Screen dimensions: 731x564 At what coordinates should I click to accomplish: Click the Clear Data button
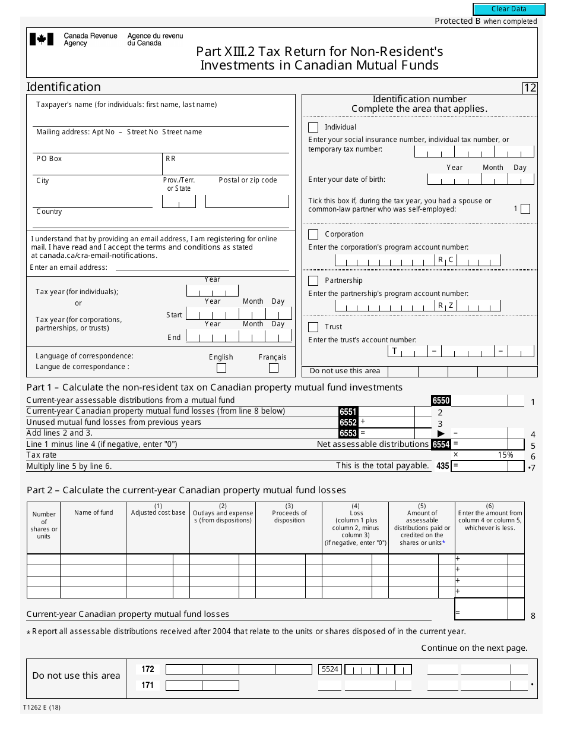click(x=509, y=10)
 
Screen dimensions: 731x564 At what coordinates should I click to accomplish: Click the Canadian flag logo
click(x=42, y=39)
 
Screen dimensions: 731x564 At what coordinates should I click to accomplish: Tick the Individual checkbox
click(x=313, y=127)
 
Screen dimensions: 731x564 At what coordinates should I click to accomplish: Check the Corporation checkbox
click(x=313, y=234)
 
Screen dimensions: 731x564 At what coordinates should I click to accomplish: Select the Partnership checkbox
click(x=313, y=281)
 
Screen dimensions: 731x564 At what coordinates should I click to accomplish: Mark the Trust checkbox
click(x=313, y=327)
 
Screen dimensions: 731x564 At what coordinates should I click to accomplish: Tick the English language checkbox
click(x=221, y=368)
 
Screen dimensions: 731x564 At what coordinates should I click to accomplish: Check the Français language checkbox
click(x=274, y=368)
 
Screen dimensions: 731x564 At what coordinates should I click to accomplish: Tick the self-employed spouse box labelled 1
click(x=525, y=209)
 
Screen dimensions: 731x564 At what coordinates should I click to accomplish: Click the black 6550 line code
click(x=441, y=401)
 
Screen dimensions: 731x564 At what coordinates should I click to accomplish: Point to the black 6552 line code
click(x=348, y=423)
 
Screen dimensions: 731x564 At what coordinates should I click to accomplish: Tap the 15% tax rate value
click(x=505, y=455)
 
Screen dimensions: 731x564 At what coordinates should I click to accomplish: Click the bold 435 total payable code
click(x=442, y=466)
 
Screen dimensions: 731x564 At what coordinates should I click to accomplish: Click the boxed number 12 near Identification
click(x=530, y=88)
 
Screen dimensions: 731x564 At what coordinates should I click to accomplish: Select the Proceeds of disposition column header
click(x=289, y=516)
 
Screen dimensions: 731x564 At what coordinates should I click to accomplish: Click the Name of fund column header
click(x=93, y=512)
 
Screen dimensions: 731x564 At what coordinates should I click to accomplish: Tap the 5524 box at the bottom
click(x=330, y=669)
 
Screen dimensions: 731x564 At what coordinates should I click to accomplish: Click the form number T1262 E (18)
click(x=43, y=707)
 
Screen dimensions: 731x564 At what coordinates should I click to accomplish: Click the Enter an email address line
click(x=202, y=267)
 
